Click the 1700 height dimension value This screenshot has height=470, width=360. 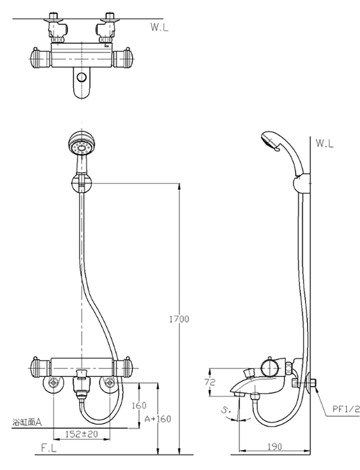[179, 319]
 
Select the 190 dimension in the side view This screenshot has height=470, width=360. [275, 447]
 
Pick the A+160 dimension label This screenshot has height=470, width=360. [158, 419]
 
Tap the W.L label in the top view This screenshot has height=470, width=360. [159, 27]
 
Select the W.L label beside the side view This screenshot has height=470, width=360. [325, 143]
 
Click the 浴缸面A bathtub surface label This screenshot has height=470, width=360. [27, 422]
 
